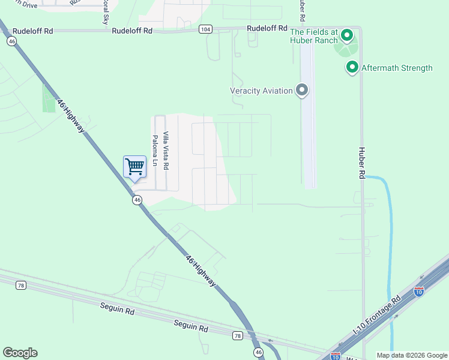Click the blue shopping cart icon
[x=134, y=167]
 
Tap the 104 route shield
[x=206, y=29]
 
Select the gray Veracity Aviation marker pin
[x=302, y=91]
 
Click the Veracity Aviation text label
[x=261, y=91]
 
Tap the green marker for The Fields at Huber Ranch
[x=346, y=36]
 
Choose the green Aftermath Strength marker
[x=352, y=68]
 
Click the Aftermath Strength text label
[x=397, y=68]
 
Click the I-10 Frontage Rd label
[x=376, y=316]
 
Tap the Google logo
[x=20, y=353]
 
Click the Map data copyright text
[x=412, y=355]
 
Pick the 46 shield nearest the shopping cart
[x=137, y=200]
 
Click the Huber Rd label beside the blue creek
[x=362, y=163]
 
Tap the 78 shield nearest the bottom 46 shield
[x=237, y=336]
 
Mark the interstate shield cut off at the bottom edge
[x=336, y=356]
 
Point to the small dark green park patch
[x=48, y=98]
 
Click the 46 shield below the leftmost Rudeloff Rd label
[x=11, y=41]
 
